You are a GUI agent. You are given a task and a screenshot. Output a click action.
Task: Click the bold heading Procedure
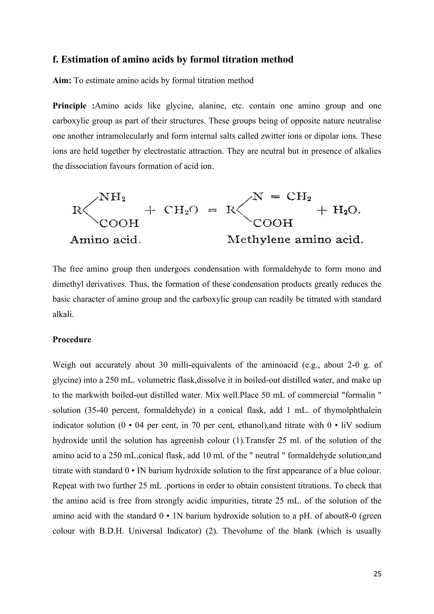(72, 340)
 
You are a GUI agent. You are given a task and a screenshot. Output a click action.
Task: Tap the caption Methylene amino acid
(295, 240)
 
